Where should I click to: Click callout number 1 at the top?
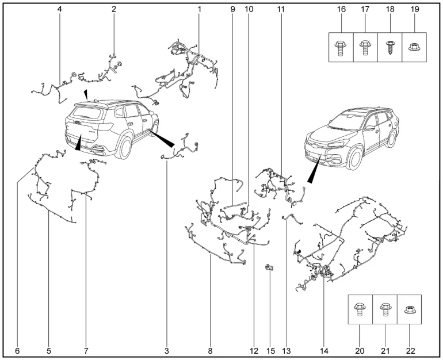200,9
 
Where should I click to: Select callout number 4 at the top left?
60,9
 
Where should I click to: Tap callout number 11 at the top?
280,9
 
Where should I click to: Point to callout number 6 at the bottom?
17,350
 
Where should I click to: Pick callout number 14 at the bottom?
324,350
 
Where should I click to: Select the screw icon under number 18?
390,47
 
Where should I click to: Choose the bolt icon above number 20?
360,311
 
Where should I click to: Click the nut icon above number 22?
409,311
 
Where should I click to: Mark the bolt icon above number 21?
384,311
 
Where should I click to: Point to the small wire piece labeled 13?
292,219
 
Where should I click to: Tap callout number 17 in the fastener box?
364,9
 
